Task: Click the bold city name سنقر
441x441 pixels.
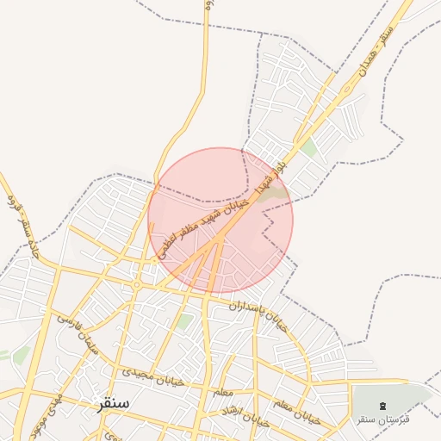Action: point(114,403)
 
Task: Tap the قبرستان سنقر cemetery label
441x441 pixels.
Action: point(383,419)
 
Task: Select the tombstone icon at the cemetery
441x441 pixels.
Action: point(383,405)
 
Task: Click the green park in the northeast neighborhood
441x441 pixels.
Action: point(308,147)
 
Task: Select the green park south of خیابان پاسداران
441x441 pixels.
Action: point(184,322)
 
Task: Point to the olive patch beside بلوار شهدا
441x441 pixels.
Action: point(276,197)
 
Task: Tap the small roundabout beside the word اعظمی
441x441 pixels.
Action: point(137,285)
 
